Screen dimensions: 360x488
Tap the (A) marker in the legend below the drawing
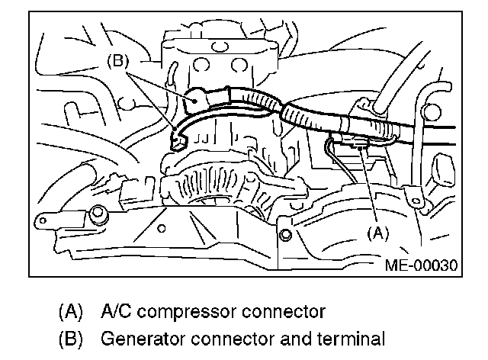70,312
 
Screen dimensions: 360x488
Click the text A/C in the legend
117,312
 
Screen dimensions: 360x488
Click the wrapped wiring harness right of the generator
305,118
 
